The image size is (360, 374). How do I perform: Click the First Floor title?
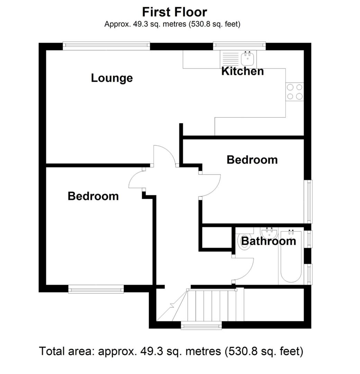[x=174, y=12]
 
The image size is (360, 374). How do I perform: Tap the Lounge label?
[x=111, y=78]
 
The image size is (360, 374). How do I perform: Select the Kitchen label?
[x=242, y=71]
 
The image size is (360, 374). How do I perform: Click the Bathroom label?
[x=268, y=241]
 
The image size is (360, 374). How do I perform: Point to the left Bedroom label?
[x=93, y=196]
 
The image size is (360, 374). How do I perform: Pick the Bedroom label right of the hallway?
[x=252, y=160]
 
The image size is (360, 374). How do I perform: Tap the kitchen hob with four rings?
[x=295, y=92]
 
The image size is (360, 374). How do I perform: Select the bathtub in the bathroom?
[x=291, y=256]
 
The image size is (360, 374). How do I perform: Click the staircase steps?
[x=215, y=306]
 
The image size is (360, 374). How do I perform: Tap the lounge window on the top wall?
[x=106, y=46]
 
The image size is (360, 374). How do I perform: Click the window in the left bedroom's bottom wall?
[x=96, y=289]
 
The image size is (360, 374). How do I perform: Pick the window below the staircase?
[x=201, y=326]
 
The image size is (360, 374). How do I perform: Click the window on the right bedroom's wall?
[x=308, y=201]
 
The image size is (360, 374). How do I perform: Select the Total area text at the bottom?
[x=171, y=351]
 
